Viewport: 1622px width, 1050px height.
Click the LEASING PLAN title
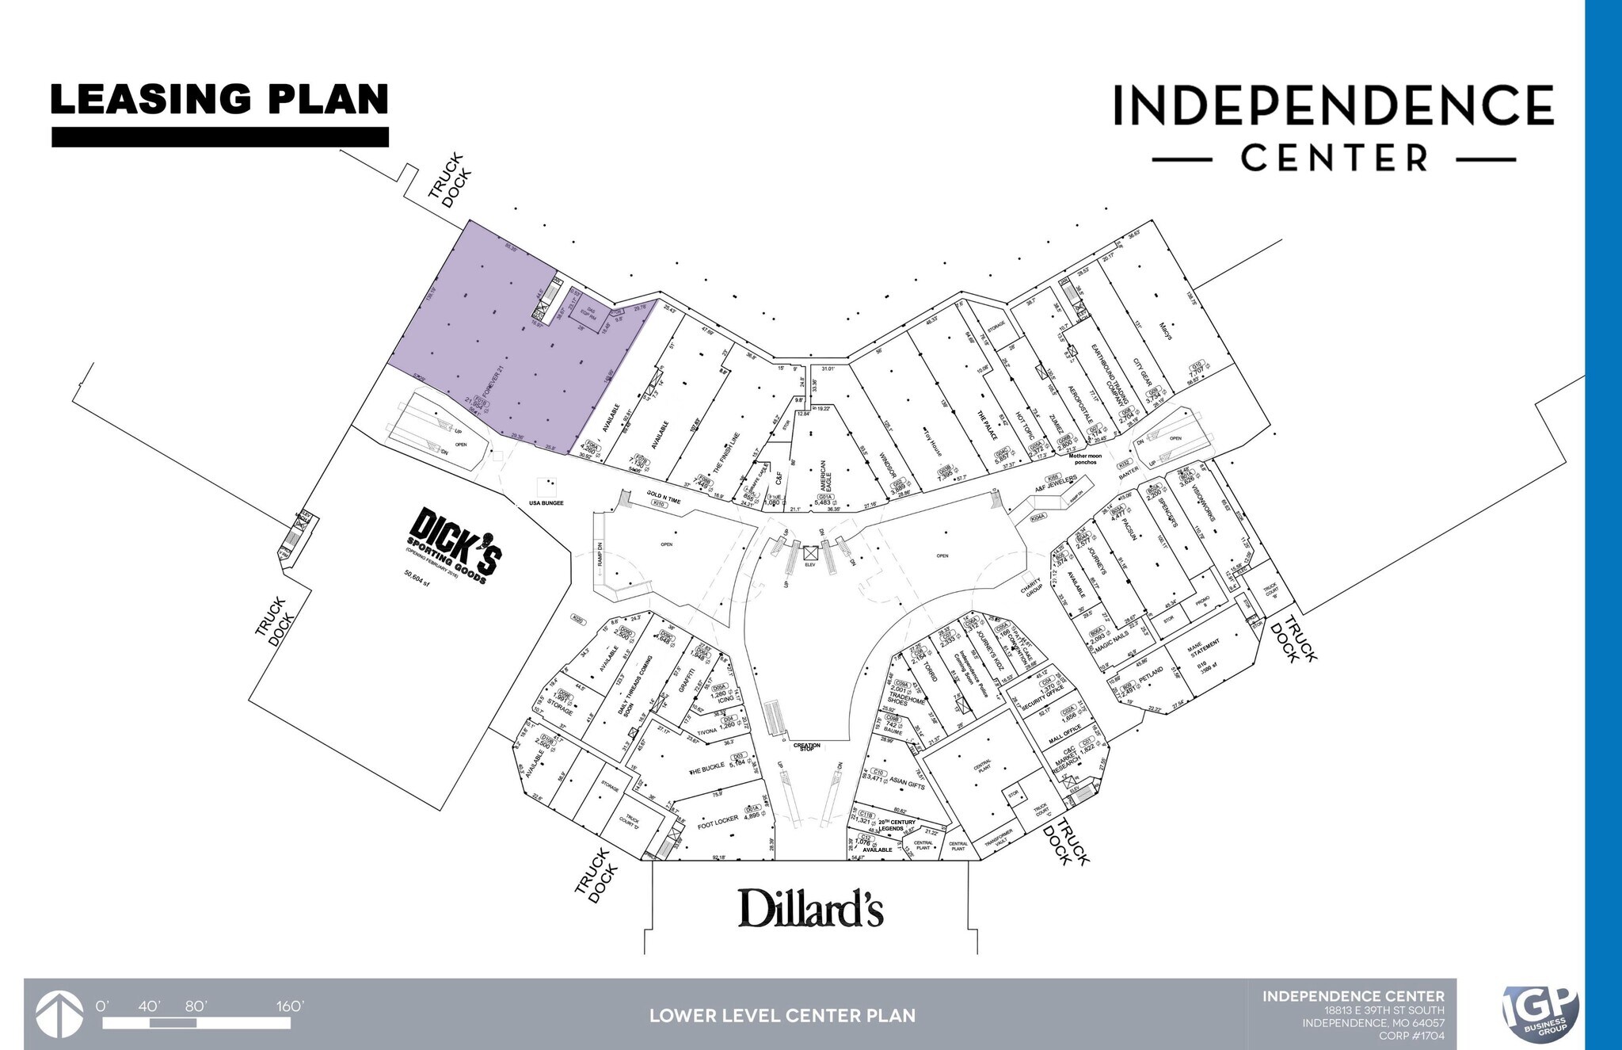click(x=219, y=101)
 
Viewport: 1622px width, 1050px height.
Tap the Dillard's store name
click(x=810, y=908)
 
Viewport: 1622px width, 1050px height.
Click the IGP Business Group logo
click(x=1540, y=1014)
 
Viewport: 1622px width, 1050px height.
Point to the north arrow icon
click(x=60, y=1014)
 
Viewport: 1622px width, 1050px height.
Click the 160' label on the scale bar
click(x=290, y=1006)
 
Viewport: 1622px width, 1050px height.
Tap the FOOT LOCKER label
click(x=718, y=822)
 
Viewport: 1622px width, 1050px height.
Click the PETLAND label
click(x=1152, y=675)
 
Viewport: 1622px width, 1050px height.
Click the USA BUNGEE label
click(x=546, y=503)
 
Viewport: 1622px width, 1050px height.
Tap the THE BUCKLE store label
click(x=706, y=769)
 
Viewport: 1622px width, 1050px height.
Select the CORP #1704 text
click(x=1411, y=1035)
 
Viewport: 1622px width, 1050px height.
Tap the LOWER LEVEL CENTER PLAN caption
click(x=782, y=1016)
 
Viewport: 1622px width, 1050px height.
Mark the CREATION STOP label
click(x=807, y=746)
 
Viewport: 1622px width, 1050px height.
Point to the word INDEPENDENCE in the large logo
click(x=1333, y=106)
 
